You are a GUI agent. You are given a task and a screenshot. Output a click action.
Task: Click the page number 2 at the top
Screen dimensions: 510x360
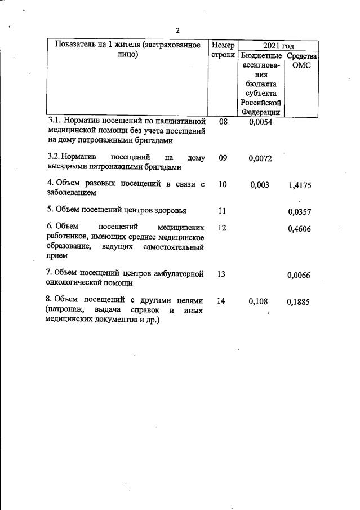[x=177, y=30]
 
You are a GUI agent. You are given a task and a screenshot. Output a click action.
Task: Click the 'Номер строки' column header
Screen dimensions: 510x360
[x=223, y=51]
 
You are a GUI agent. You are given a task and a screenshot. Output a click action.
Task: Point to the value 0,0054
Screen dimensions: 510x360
[x=260, y=122]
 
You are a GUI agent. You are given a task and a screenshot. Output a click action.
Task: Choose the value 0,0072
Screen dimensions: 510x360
[x=260, y=158]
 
